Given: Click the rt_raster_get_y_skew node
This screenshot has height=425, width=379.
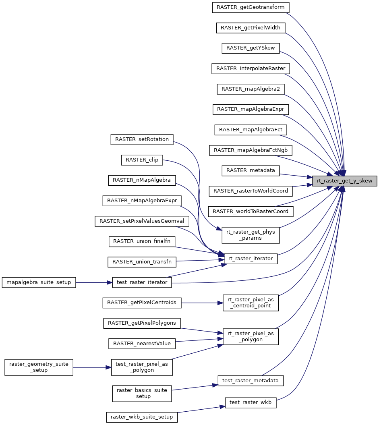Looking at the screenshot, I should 345,180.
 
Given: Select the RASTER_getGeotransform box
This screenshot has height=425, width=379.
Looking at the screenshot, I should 251,7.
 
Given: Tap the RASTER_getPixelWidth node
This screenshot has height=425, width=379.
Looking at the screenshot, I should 251,28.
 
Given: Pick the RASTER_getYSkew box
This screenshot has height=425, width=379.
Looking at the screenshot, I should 251,48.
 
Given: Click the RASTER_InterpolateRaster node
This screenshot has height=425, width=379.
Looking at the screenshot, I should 251,68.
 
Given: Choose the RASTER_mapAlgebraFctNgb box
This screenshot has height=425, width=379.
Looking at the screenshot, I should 251,150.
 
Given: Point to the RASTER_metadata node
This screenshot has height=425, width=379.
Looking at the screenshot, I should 251,170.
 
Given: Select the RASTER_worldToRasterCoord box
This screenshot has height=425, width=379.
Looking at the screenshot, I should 251,211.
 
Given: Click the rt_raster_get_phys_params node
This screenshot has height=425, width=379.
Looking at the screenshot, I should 251,235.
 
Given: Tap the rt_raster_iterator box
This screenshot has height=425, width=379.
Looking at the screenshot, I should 251,258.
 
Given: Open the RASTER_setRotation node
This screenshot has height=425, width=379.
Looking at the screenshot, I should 142,139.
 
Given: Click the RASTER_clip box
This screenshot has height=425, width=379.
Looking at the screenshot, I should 142,160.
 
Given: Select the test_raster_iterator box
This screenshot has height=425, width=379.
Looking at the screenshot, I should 142,282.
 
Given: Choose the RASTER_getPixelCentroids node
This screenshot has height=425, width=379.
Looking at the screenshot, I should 142,302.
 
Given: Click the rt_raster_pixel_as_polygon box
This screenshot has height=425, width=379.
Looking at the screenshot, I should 251,336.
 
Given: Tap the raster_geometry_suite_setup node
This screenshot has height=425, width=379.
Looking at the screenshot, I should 39,367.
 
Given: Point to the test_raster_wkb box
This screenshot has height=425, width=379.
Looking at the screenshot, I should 251,402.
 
